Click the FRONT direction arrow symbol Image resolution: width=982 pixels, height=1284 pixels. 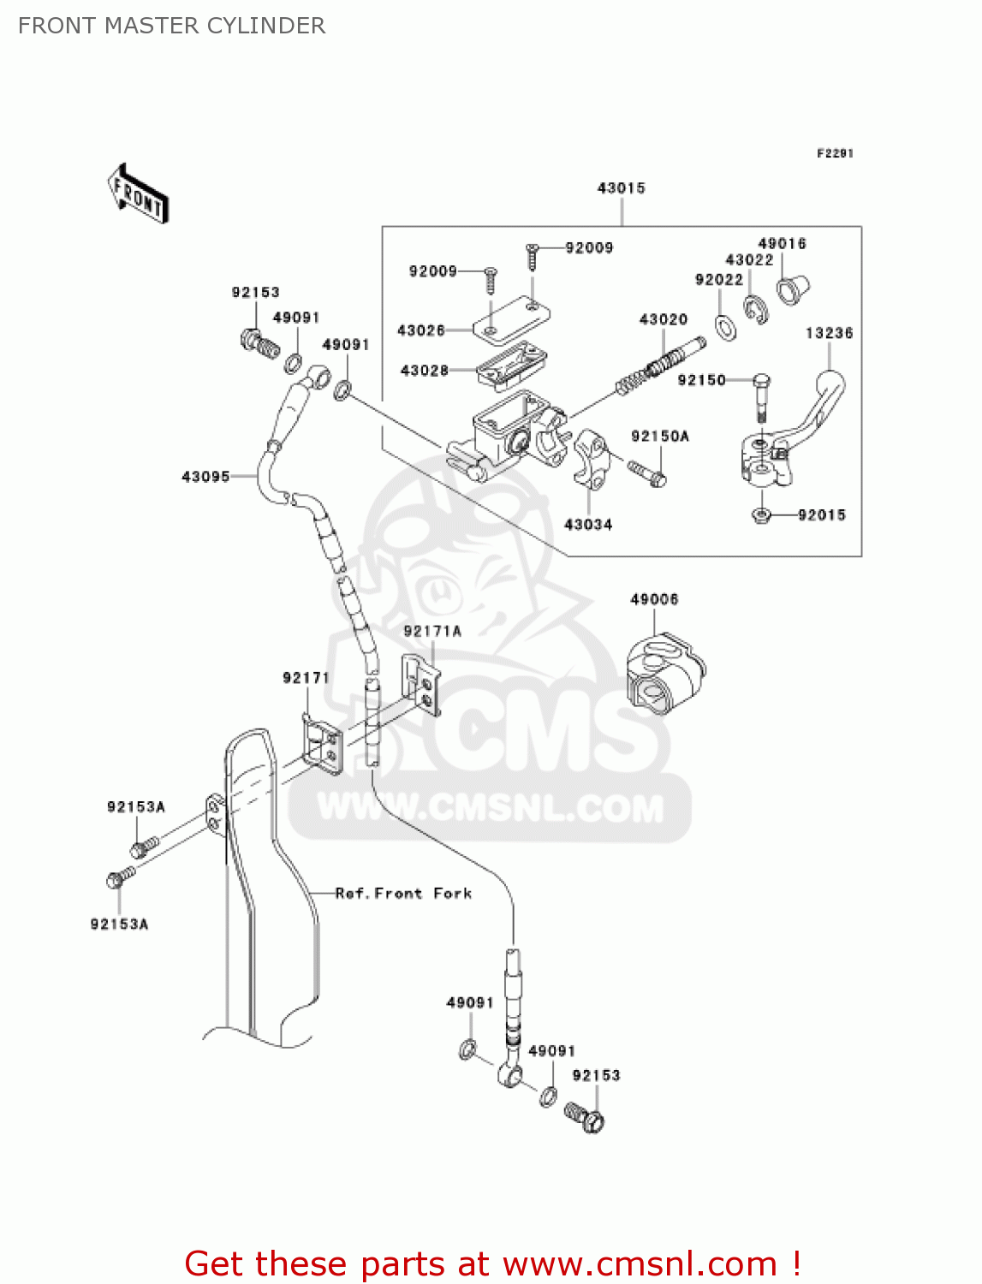[x=138, y=193]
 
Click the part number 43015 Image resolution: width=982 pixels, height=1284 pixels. [x=621, y=188]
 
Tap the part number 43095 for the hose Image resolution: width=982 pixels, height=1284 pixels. [x=205, y=477]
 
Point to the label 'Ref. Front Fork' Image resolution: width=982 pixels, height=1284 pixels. [x=403, y=894]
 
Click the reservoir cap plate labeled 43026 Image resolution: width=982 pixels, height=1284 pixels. [x=512, y=316]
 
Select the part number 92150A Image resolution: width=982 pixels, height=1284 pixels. [x=659, y=437]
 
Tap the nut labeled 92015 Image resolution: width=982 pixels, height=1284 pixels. [x=761, y=515]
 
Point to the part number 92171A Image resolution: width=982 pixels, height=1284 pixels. [x=432, y=632]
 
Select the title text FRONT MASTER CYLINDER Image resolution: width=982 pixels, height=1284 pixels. [x=172, y=26]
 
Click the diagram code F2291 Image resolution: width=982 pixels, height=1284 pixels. [x=835, y=153]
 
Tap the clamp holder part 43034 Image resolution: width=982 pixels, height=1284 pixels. [x=590, y=458]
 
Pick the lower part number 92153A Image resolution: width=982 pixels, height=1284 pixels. [x=119, y=924]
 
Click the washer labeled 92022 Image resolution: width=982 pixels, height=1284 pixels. [x=725, y=326]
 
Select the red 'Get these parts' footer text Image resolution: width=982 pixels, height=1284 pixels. [x=492, y=1263]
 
